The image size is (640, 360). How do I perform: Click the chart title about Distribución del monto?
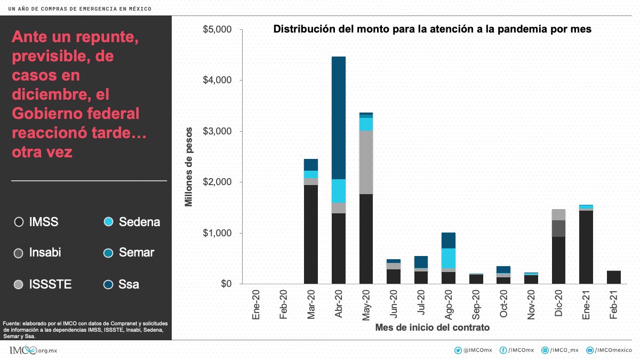(432, 29)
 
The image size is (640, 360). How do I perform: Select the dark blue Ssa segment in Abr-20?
(339, 117)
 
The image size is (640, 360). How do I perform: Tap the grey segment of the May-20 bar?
(366, 163)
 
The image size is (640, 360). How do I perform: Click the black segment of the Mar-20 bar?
(311, 235)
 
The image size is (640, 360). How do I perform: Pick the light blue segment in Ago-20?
(449, 258)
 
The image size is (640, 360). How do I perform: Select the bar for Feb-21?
(614, 277)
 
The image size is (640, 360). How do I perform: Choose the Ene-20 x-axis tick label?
(257, 305)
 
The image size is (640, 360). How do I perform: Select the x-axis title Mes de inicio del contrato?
(433, 327)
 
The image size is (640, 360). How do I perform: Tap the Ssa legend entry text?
(129, 284)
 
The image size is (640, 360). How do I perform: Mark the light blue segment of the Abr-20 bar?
(339, 191)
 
